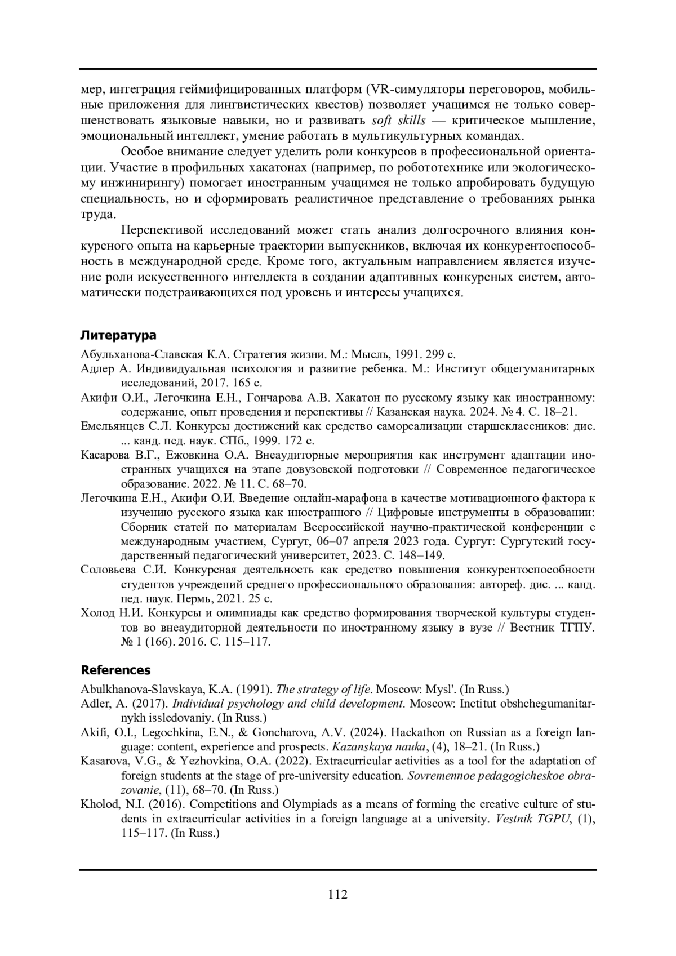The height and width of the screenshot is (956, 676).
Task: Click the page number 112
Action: pos(337,894)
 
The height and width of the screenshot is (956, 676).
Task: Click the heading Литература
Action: pos(118,335)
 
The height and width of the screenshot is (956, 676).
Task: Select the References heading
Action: pos(115,670)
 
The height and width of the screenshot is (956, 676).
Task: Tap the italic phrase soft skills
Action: pos(399,121)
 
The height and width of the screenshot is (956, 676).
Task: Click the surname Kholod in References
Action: pos(99,804)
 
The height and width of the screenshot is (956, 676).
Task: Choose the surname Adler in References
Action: pos(95,704)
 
